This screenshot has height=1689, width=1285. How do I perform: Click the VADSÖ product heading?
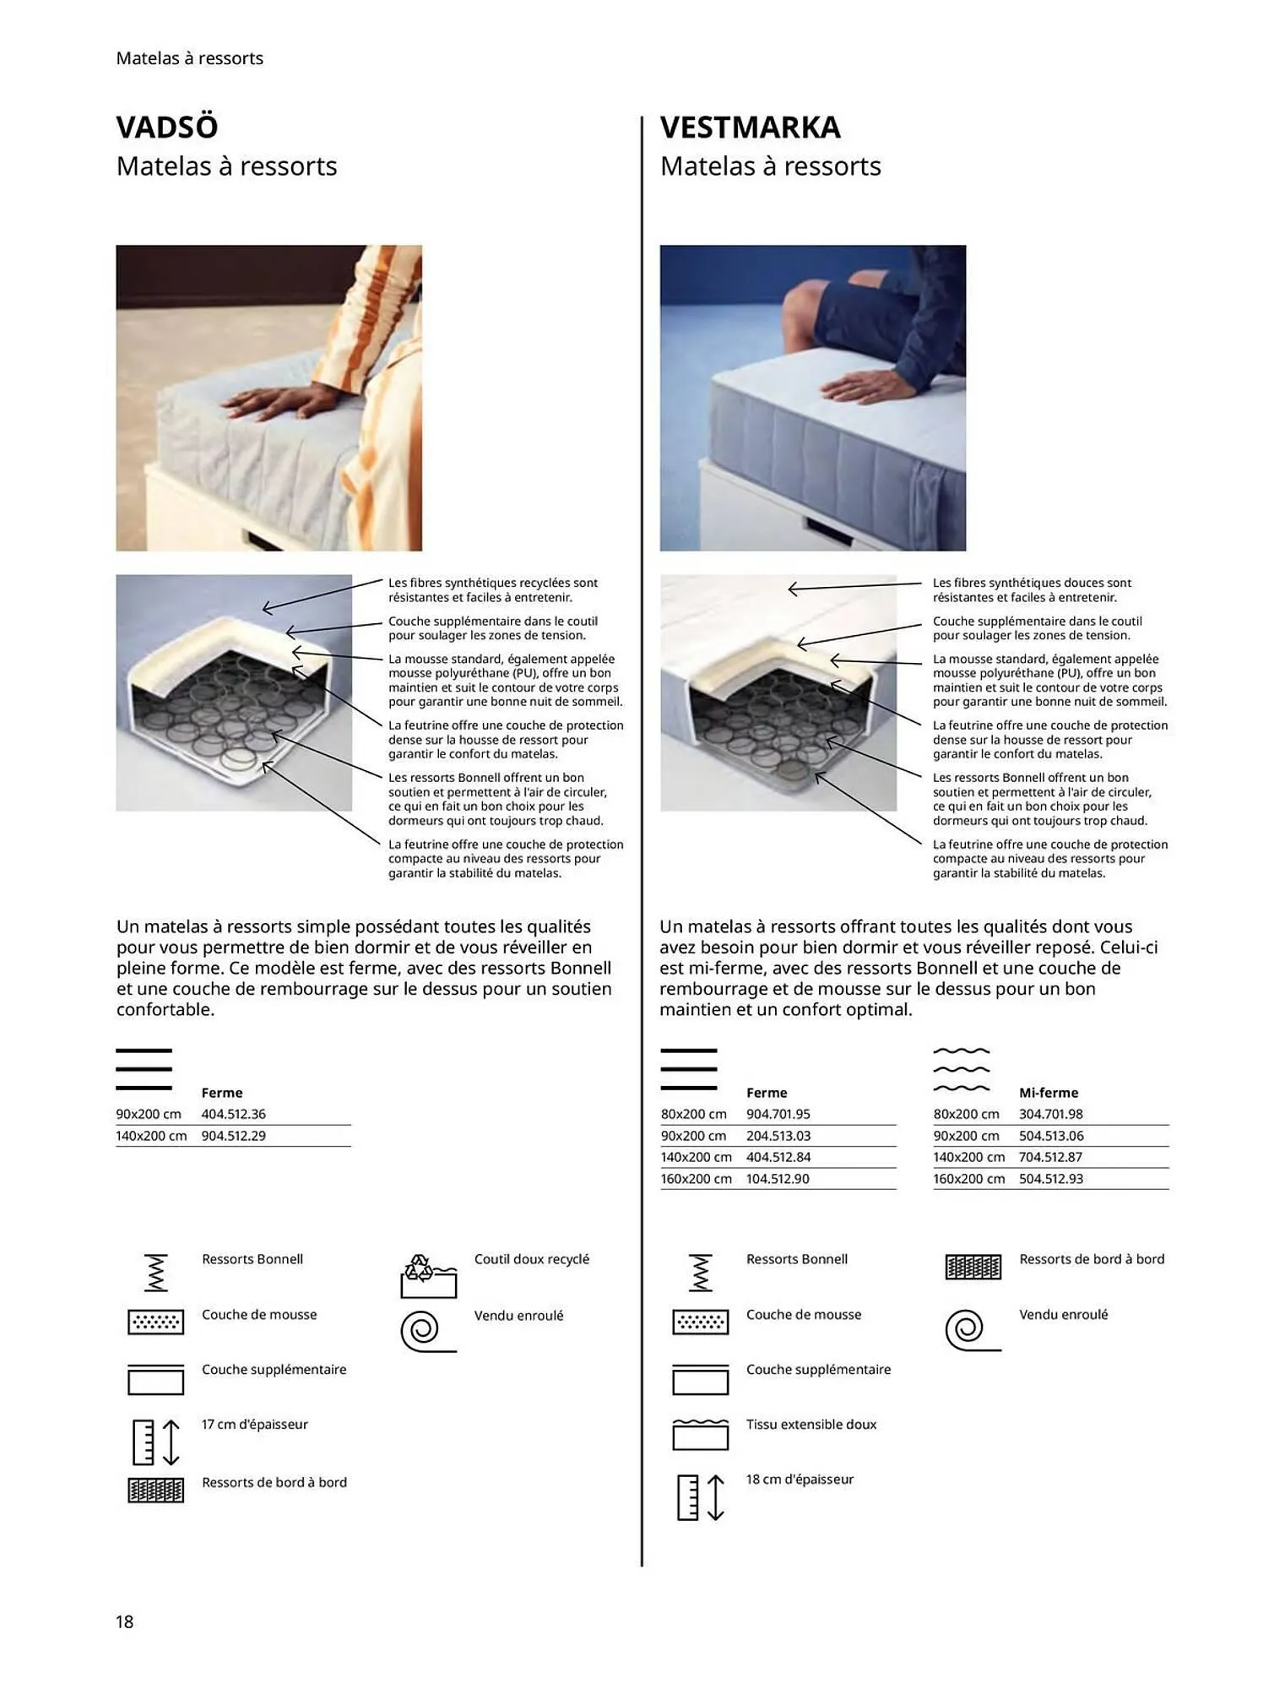(167, 128)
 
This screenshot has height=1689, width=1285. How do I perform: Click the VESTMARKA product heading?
(750, 128)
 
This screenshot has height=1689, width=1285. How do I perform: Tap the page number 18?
(124, 1621)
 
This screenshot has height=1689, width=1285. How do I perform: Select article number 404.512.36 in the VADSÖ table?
(233, 1114)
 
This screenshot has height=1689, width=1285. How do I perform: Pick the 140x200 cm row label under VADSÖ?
(151, 1136)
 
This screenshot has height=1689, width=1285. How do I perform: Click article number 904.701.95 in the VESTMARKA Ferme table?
(778, 1114)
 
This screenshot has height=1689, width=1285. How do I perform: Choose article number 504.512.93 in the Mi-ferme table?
(1050, 1178)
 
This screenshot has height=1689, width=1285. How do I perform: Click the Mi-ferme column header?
(1048, 1092)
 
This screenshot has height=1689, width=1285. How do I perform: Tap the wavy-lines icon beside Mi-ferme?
(961, 1069)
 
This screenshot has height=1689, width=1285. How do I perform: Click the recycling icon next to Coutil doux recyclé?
(428, 1276)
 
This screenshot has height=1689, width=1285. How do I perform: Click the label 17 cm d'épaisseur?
(254, 1424)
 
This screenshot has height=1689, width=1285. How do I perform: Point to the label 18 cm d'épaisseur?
(800, 1479)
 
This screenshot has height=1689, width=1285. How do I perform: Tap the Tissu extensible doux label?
(811, 1424)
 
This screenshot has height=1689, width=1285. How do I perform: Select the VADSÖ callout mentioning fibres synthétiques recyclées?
(492, 589)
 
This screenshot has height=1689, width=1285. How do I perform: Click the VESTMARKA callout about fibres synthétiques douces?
(1031, 589)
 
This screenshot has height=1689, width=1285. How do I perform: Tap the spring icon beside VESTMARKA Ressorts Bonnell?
(700, 1273)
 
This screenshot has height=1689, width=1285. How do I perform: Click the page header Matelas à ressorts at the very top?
(189, 58)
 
